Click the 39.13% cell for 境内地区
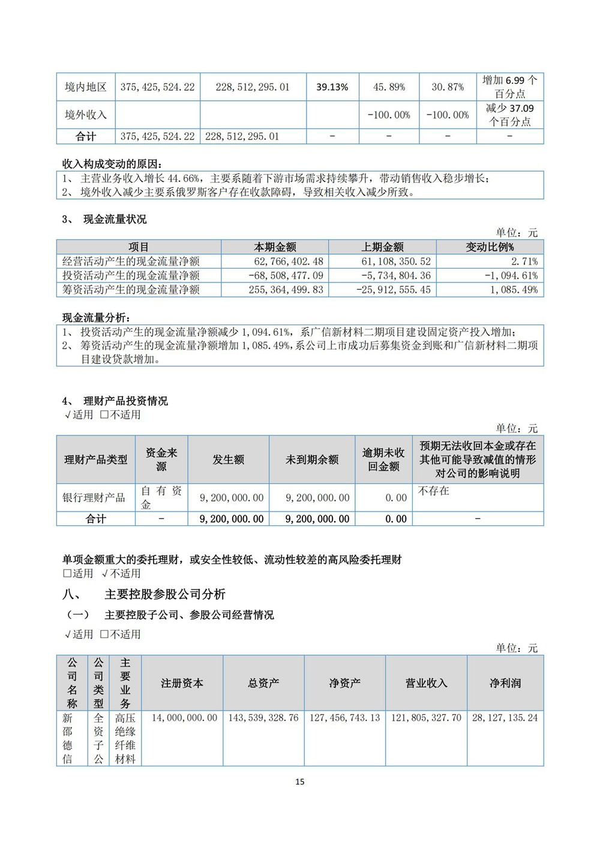pos(332,87)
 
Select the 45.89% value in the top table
pos(389,87)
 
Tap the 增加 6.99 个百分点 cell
pos(510,87)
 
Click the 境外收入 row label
pos(86,115)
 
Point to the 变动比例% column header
pos(490,247)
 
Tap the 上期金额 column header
pos(382,247)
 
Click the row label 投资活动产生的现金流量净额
pos(131,275)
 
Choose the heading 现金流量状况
pos(115,219)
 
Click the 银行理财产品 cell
pos(94,498)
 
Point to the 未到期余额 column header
pos(312,459)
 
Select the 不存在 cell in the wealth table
pos(434,491)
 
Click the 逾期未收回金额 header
pos(383,459)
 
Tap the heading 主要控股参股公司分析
pos(165,594)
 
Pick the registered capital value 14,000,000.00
pos(184,718)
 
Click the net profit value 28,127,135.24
pos(505,718)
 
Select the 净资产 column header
pos(344,683)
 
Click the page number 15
pos(300,781)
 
